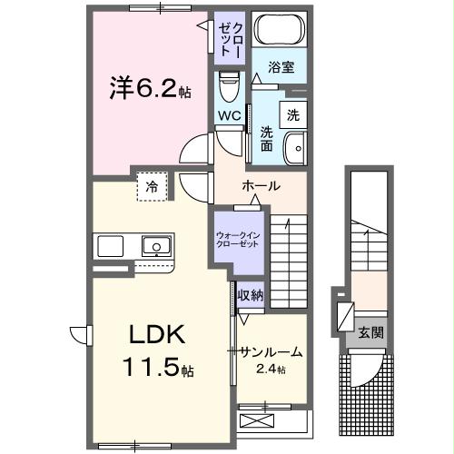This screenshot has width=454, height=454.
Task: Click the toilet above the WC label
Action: tap(227, 89)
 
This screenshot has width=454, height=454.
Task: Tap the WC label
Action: tap(229, 116)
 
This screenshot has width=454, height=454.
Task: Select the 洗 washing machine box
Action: tap(293, 115)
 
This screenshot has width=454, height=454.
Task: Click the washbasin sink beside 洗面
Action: tap(295, 148)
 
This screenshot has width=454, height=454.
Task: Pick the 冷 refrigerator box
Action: tap(153, 186)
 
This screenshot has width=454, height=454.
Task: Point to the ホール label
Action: tap(261, 186)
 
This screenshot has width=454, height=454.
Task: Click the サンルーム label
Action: tap(271, 352)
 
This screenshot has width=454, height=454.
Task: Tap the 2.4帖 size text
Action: tap(271, 369)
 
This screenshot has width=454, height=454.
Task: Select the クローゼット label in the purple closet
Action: tap(229, 37)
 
